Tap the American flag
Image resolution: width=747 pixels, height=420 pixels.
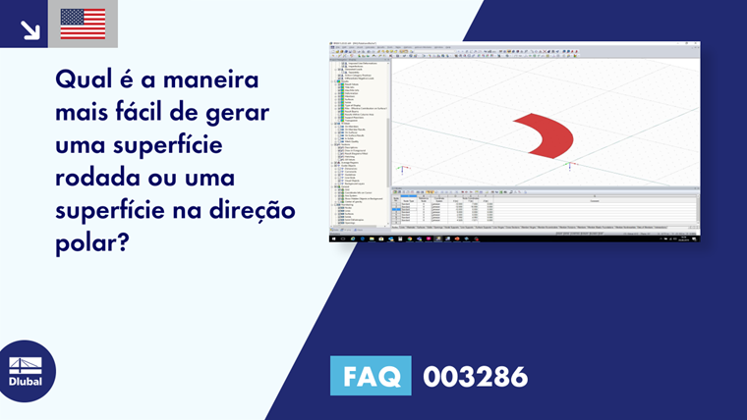[x=83, y=24]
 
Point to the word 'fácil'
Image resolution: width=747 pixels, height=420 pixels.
[x=144, y=111]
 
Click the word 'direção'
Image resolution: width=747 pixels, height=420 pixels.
[x=255, y=211]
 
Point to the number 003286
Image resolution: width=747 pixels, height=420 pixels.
[x=475, y=376]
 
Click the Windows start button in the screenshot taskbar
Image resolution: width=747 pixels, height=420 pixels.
[x=333, y=238]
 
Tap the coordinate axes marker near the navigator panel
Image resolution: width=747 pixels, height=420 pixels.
[x=402, y=168]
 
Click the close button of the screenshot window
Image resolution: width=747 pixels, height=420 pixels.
[x=696, y=43]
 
